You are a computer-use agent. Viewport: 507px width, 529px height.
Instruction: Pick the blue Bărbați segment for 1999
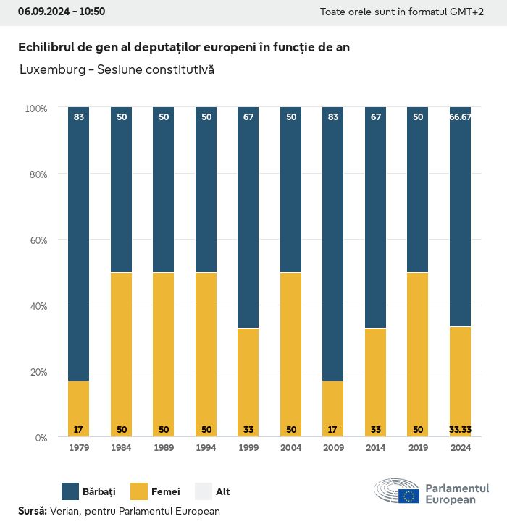click(x=248, y=217)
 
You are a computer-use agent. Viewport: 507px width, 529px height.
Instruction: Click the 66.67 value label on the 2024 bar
click(x=460, y=117)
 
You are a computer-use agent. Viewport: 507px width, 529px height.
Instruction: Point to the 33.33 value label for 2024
click(x=460, y=430)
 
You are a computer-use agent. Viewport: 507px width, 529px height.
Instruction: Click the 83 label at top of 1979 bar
click(x=79, y=117)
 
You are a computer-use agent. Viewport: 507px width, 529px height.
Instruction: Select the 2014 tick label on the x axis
click(x=375, y=449)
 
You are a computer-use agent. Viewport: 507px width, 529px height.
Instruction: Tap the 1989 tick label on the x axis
click(x=164, y=449)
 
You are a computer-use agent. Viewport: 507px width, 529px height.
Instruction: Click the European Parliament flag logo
click(x=408, y=496)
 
